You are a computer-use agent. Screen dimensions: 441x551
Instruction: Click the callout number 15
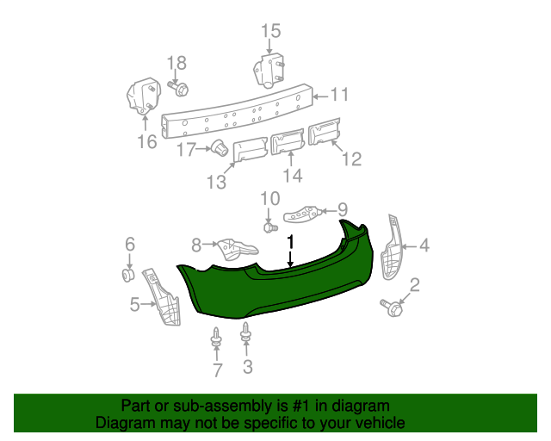tap(270, 32)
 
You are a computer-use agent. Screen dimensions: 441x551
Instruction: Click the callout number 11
tap(339, 95)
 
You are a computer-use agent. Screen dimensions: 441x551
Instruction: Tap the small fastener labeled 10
tap(269, 228)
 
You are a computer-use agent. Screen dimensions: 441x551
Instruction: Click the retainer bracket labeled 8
tap(233, 249)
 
